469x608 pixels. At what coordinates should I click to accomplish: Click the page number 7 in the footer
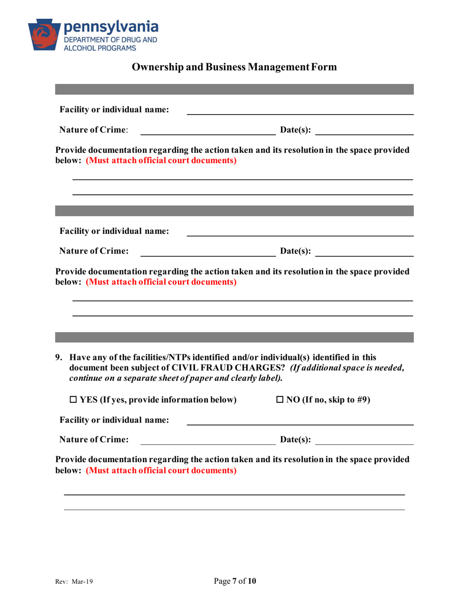[x=234, y=581]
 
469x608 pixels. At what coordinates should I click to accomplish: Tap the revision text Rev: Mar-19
[x=75, y=582]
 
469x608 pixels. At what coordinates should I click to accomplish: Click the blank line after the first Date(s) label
[x=364, y=133]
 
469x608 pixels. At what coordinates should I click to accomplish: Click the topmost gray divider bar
[x=234, y=89]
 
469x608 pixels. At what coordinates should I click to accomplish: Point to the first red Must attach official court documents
[x=161, y=161]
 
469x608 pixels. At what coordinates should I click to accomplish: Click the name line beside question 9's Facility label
[x=300, y=424]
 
